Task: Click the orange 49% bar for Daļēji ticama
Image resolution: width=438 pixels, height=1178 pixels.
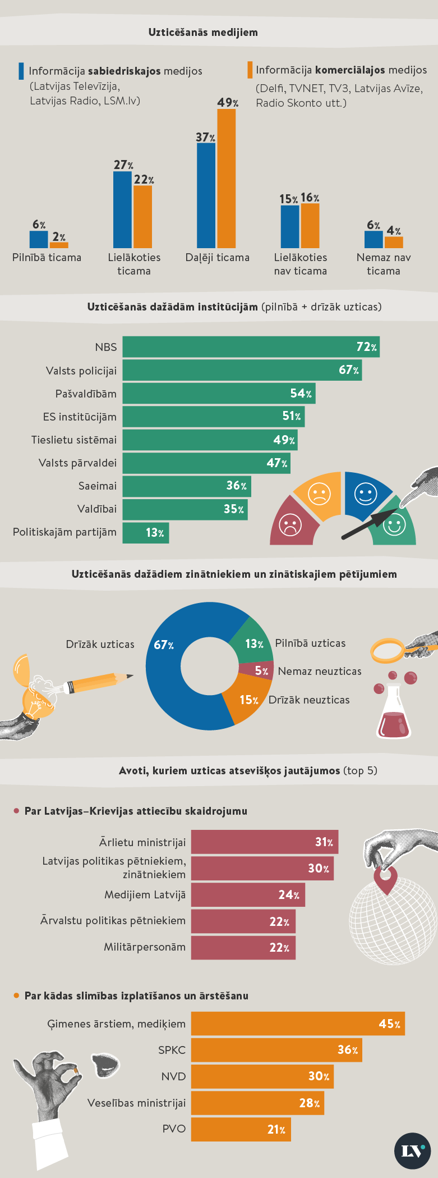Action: pos(227,179)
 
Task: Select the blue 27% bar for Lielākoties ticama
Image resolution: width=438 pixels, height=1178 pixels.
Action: pos(122,209)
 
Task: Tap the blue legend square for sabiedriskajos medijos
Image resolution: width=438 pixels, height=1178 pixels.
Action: pos(21,71)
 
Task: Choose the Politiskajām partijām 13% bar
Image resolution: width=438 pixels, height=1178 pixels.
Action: pos(145,533)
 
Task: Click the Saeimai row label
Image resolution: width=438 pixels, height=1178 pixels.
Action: pos(98,486)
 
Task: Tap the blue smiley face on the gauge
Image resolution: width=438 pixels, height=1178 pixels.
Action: pos(365,494)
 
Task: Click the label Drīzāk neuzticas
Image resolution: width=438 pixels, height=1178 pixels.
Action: pos(309,700)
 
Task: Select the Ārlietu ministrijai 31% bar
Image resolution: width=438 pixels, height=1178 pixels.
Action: pos(264,842)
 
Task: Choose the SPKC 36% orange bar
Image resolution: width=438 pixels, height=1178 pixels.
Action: pos(276,1050)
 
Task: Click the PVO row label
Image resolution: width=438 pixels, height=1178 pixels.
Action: pos(174,1129)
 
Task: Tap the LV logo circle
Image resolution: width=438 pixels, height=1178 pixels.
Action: pos(412,1151)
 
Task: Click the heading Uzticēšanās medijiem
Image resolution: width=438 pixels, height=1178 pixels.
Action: pos(203,33)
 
